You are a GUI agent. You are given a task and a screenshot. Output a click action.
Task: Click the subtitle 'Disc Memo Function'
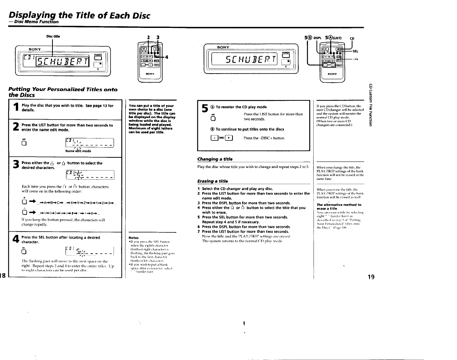tap(34, 22)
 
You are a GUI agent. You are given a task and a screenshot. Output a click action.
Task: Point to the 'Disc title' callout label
tap(53, 36)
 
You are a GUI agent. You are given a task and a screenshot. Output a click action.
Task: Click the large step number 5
tap(205, 109)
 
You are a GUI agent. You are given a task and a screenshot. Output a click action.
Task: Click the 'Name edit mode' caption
tap(78, 151)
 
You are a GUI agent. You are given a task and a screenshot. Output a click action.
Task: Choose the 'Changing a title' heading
tap(215, 159)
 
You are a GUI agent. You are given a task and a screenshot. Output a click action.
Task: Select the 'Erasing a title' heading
tap(213, 181)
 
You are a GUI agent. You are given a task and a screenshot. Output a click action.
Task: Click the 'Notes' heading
tap(134, 238)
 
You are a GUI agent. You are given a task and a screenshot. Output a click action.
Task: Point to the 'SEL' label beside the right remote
tap(355, 51)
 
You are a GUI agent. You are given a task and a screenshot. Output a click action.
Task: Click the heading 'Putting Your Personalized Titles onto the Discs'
tap(63, 92)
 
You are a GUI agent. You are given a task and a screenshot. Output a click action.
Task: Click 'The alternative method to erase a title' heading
tap(339, 206)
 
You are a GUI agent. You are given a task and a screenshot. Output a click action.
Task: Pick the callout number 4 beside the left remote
tap(165, 57)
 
